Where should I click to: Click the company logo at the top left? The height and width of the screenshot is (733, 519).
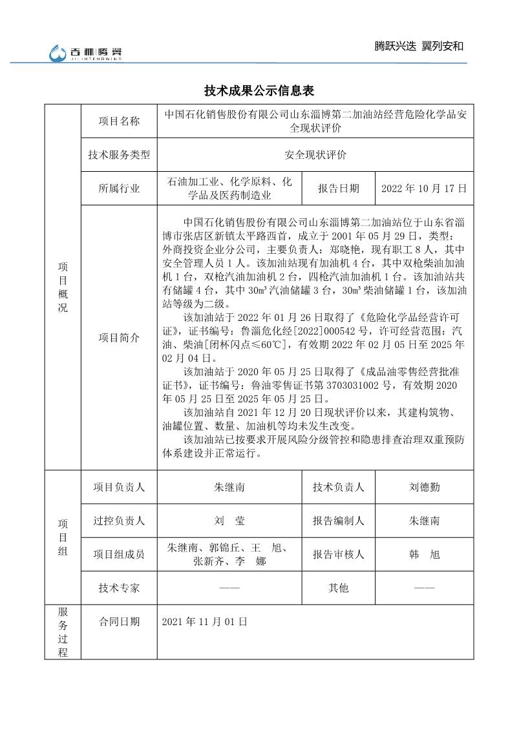[x=86, y=54]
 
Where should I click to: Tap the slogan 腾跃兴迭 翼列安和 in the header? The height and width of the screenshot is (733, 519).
[x=419, y=46]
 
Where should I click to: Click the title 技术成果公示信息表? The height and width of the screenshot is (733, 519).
[x=259, y=90]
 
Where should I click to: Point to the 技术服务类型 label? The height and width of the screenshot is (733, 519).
[x=119, y=155]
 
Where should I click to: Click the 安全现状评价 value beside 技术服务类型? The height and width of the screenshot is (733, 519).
[x=315, y=155]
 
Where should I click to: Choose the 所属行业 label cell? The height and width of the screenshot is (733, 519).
[x=119, y=189]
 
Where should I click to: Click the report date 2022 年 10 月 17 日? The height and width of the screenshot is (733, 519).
[x=424, y=189]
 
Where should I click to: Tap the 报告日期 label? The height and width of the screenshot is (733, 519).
[x=339, y=189]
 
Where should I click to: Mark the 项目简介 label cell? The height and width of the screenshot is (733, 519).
[x=119, y=338]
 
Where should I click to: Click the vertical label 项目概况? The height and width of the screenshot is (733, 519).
[x=63, y=287]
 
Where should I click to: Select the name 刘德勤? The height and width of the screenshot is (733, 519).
[x=424, y=487]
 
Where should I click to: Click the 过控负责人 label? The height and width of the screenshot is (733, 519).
[x=119, y=521]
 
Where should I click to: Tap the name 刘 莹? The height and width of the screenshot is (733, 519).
[x=229, y=521]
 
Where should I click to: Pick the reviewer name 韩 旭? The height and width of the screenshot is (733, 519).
[x=424, y=554]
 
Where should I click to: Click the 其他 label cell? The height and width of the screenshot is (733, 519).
[x=339, y=588]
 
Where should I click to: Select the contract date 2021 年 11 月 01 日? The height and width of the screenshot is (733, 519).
[x=205, y=621]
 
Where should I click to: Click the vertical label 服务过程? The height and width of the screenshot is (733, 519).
[x=63, y=632]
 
